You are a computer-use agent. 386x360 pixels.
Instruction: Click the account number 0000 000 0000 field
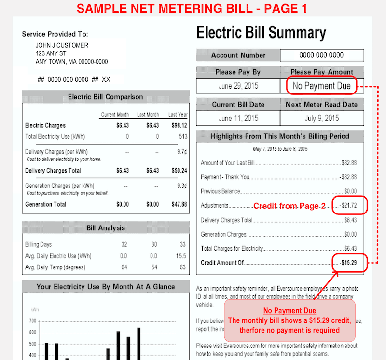tap(321, 55)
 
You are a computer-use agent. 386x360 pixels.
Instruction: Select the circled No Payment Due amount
tap(321, 86)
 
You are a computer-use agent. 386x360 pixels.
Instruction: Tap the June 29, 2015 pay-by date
tap(238, 86)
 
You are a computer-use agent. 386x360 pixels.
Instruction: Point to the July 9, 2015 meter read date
tap(322, 118)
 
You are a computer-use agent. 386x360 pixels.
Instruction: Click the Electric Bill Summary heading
tap(261, 33)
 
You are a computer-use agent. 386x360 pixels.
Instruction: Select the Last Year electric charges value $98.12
tap(179, 125)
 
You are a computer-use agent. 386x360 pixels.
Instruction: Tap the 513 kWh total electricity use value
tap(182, 137)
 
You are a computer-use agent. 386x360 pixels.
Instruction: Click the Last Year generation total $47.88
tap(179, 204)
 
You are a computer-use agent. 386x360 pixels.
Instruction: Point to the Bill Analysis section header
tap(105, 227)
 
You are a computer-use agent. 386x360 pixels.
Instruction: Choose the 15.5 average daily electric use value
tap(181, 256)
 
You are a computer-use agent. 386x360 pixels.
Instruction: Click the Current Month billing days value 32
tap(124, 244)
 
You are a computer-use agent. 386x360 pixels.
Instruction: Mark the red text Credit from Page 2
tap(289, 206)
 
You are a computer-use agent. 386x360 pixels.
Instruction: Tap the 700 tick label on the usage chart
tap(32, 320)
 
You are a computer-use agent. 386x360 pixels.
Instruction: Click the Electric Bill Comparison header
tap(105, 97)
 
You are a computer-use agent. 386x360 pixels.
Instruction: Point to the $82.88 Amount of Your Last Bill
tap(348, 163)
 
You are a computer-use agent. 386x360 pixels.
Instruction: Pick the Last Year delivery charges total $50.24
tap(179, 171)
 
